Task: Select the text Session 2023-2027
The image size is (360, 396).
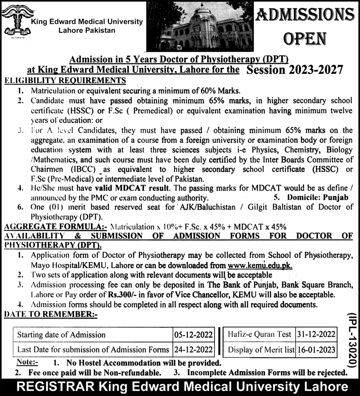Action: [x=295, y=70]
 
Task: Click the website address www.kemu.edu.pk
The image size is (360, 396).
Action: [x=261, y=265]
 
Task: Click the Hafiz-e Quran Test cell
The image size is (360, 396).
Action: [x=259, y=334]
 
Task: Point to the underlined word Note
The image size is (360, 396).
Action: [x=27, y=362]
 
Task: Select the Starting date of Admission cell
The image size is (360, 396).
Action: [x=62, y=334]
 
